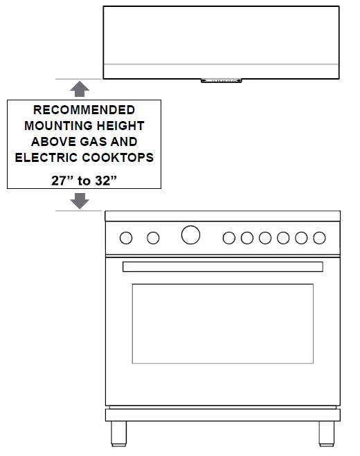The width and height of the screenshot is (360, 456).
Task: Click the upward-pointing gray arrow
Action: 80,88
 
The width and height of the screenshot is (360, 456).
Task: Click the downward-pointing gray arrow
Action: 80,201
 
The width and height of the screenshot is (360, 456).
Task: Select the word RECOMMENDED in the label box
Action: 84,110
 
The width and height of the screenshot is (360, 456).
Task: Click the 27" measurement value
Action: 62,180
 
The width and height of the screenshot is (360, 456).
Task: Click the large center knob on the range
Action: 190,235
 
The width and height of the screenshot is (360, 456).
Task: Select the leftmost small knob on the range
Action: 126,238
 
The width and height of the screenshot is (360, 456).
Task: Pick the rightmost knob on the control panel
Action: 319,238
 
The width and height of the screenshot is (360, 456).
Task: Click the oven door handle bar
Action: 222,266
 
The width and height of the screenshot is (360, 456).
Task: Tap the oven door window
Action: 222,323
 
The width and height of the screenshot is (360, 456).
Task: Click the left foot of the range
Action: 118,433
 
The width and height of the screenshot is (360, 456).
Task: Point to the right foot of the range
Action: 326,433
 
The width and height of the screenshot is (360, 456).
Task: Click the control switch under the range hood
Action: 222,82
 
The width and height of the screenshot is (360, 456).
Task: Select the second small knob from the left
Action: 153,238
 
